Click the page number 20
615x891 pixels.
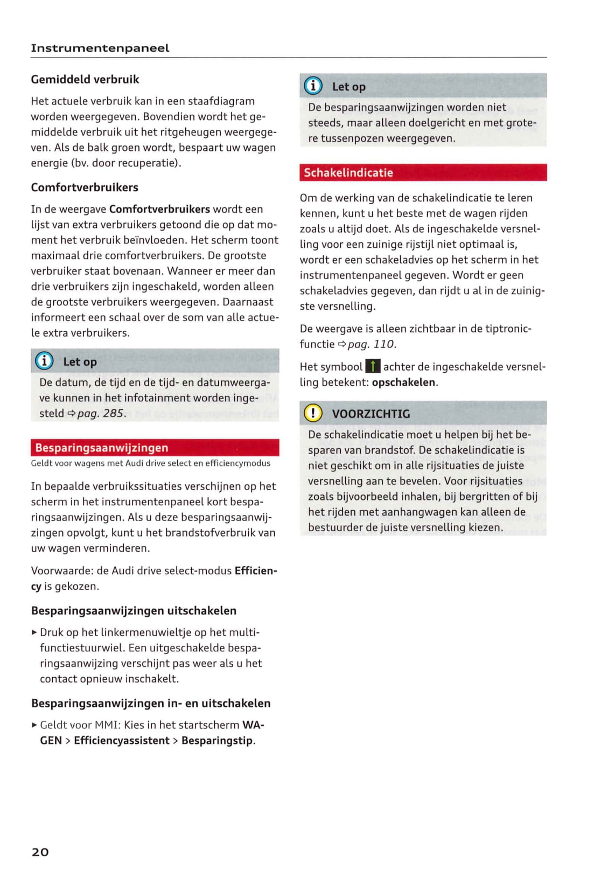(40, 852)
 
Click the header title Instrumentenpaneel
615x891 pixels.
(100, 48)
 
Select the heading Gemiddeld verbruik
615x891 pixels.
(85, 79)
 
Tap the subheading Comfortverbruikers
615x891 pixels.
(85, 187)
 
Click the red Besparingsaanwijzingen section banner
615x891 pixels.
(155, 448)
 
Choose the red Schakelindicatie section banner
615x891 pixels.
(423, 172)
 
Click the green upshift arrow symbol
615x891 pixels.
(373, 367)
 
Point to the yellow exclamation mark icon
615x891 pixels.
(313, 413)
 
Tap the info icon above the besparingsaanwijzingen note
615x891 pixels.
(313, 86)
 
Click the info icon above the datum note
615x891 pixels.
(44, 361)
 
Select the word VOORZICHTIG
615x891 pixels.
(371, 414)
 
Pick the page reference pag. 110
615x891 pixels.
(371, 344)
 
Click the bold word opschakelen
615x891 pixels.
(403, 382)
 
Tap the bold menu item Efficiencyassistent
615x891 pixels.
(122, 741)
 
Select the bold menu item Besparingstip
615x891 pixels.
(217, 741)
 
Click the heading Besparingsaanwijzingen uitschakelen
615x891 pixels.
(134, 611)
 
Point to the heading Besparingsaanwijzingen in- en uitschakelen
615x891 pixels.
(151, 704)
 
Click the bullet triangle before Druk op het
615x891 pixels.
(34, 632)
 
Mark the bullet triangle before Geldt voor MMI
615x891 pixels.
(34, 725)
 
